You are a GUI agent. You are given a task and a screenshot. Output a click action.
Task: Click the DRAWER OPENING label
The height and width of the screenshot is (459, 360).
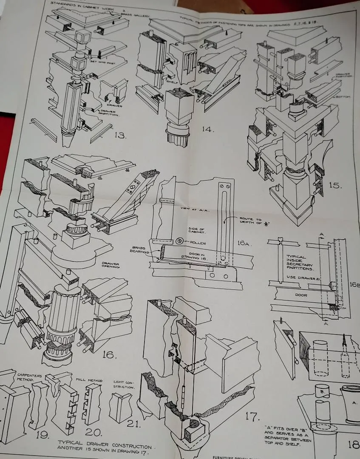click(110, 265)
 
